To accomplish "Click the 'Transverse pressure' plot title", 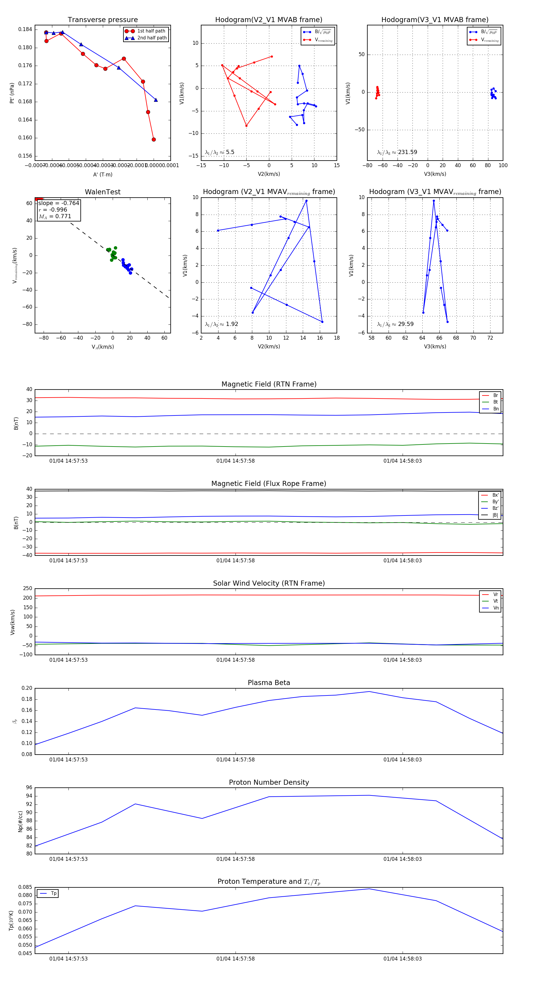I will pyautogui.click(x=103, y=20).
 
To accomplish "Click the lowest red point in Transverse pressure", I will pyautogui.click(x=154, y=140).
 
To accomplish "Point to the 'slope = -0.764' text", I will pyautogui.click(x=59, y=203).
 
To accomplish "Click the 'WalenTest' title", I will pyautogui.click(x=103, y=192).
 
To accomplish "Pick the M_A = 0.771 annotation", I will pyautogui.click(x=55, y=216).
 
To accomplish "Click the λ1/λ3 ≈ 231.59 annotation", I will pyautogui.click(x=397, y=152).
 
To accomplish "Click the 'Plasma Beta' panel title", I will pyautogui.click(x=269, y=683).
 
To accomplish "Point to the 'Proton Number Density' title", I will pyautogui.click(x=269, y=782).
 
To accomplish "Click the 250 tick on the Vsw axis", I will pyautogui.click(x=27, y=589).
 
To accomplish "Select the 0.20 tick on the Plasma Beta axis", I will pyautogui.click(x=27, y=688).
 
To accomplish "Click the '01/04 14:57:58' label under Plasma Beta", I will pyautogui.click(x=235, y=759).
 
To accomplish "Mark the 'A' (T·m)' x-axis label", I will pyautogui.click(x=103, y=174).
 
